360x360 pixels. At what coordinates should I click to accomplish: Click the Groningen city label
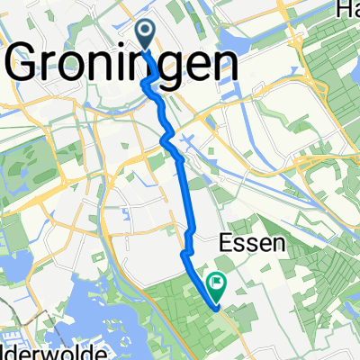click(123, 66)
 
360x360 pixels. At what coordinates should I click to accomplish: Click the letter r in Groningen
click(59, 68)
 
